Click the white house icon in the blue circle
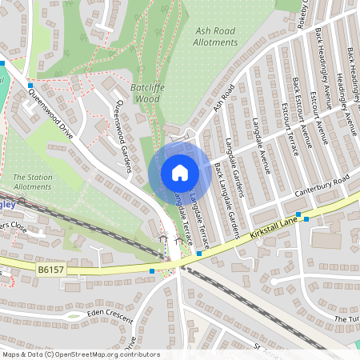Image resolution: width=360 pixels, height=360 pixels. coord(180,172)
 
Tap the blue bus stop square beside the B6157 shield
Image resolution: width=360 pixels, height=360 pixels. coord(152,271)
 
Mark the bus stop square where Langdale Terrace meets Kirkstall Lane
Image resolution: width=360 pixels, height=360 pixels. coord(198,252)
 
